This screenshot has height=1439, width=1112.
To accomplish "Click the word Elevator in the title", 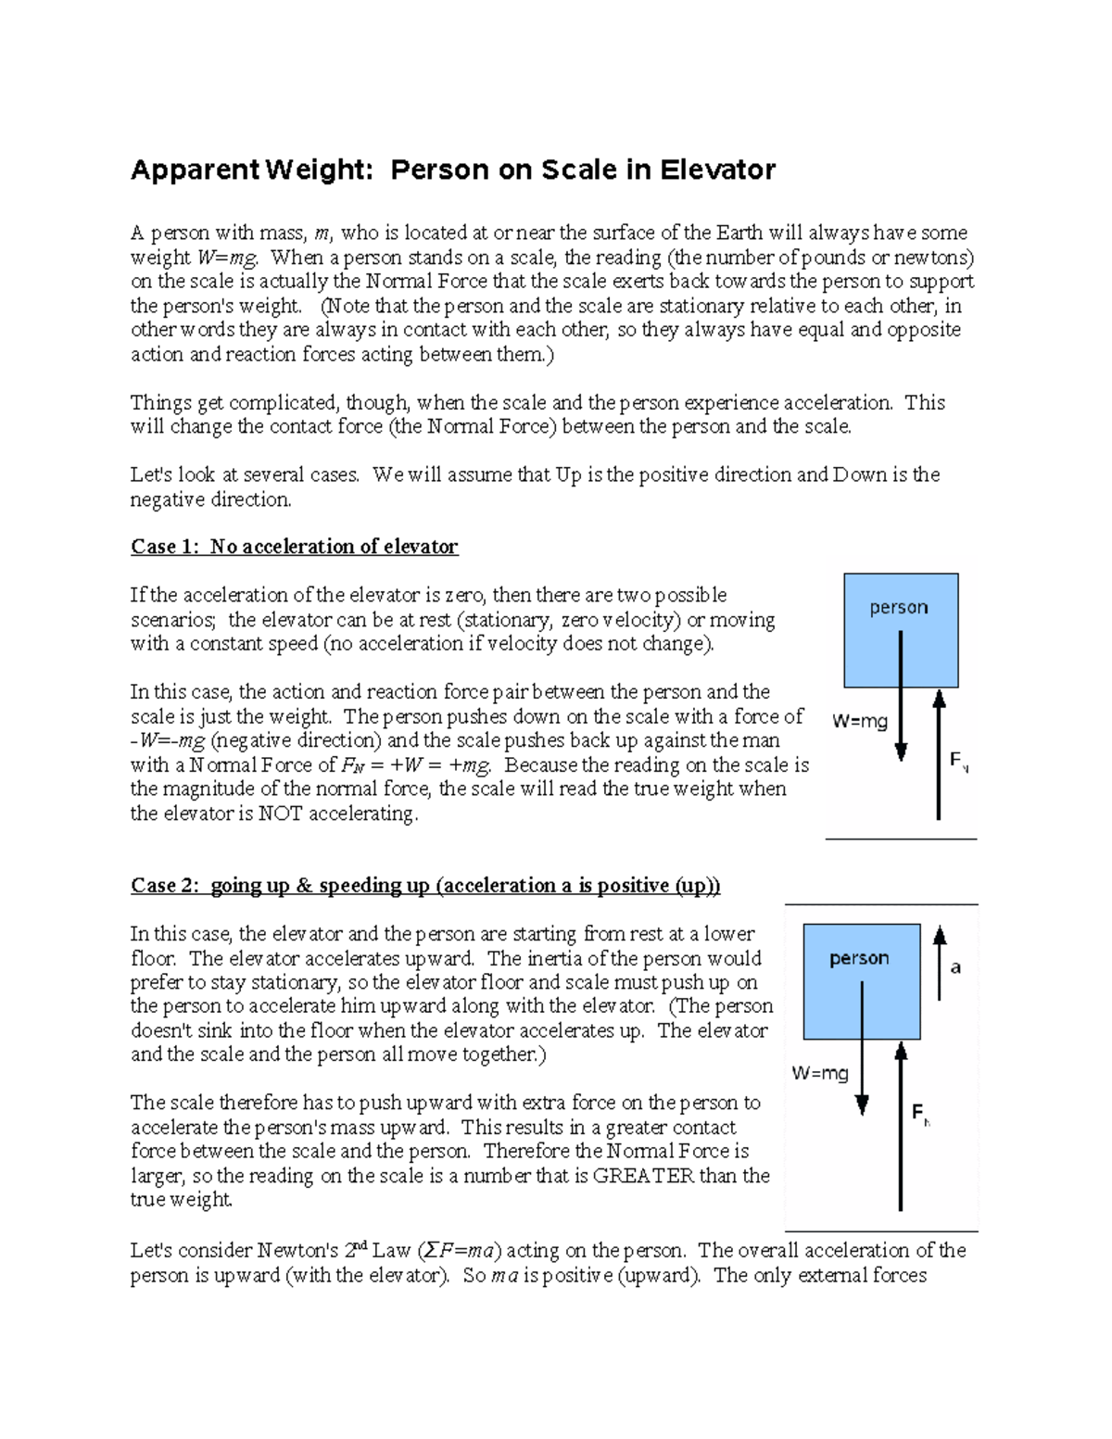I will pos(717,170).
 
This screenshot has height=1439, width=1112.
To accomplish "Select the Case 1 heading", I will pos(294,547).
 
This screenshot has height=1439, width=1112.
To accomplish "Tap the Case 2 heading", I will pos(425,886).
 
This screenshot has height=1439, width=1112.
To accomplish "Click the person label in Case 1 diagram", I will pos(898,608).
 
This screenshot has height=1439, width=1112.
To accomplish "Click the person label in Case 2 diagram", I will pos(859,959).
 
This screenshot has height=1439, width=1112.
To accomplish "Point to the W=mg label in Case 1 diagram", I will pos(860,721).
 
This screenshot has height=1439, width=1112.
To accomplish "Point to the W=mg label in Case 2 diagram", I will pos(820,1073).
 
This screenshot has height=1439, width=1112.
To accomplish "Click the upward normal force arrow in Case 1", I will pos(939,755).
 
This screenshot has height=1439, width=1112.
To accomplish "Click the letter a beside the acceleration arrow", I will pos(956,968).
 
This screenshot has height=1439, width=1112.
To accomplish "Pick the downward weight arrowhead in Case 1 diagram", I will pos(901,752).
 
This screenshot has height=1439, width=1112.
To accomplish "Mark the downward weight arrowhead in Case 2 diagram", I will pos(862,1104).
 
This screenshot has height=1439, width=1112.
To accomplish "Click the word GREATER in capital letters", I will pos(643,1176).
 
